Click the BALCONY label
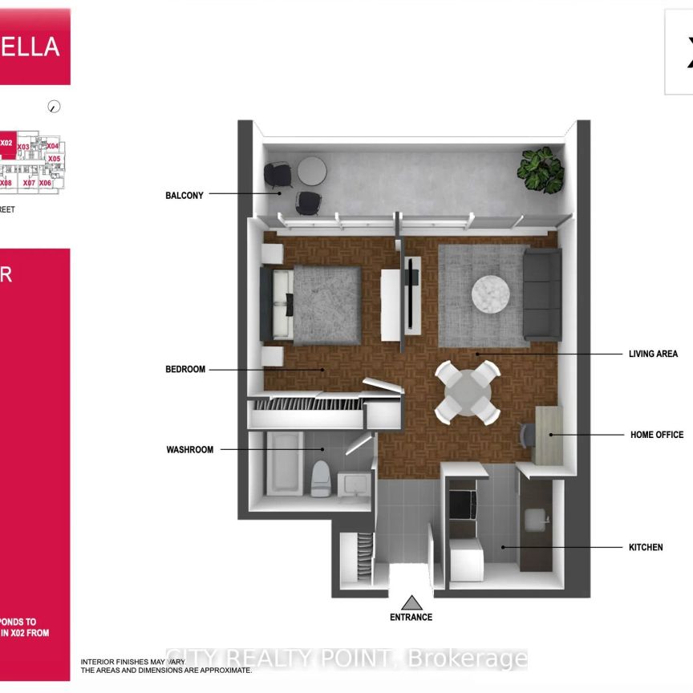(184, 195)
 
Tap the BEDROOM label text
(185, 370)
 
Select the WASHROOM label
(190, 450)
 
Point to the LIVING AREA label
(653, 354)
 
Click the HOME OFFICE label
(657, 435)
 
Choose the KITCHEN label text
(645, 548)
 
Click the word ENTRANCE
(411, 618)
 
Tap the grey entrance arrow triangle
(411, 602)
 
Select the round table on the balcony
(311, 170)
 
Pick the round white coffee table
(490, 293)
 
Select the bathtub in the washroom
(284, 464)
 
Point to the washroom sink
(353, 484)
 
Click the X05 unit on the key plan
(54, 159)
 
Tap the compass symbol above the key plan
(55, 106)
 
